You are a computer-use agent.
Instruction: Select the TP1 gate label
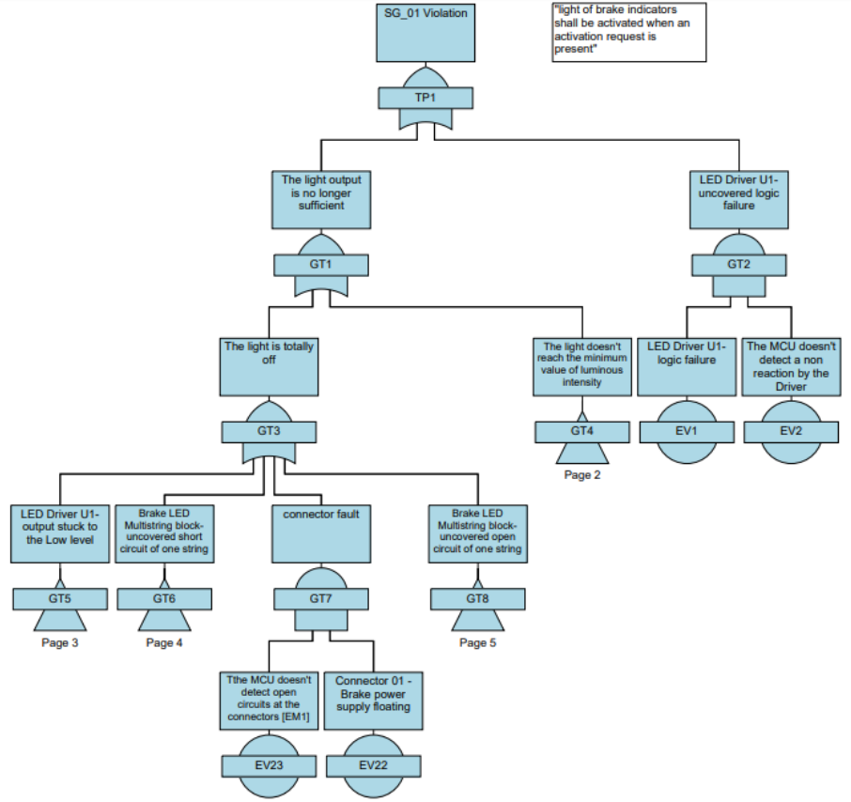pos(425,98)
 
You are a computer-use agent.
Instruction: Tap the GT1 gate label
pos(320,265)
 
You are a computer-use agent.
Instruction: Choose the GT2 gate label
pos(738,265)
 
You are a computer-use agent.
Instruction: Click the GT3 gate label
pos(269,432)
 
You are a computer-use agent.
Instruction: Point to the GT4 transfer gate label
pos(582,432)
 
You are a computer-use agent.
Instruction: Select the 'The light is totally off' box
pos(269,366)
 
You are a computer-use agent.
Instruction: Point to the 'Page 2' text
pos(582,475)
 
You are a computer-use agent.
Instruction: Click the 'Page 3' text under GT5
pos(60,642)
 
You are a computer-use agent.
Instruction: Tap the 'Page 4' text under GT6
pos(164,642)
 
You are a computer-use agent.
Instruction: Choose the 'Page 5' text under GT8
pos(478,642)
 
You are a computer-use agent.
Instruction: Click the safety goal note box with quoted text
pos(628,31)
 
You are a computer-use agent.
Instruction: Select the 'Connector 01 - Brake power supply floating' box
pos(373,700)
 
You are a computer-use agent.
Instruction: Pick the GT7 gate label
pos(320,598)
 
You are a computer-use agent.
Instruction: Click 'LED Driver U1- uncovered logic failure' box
pos(738,199)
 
